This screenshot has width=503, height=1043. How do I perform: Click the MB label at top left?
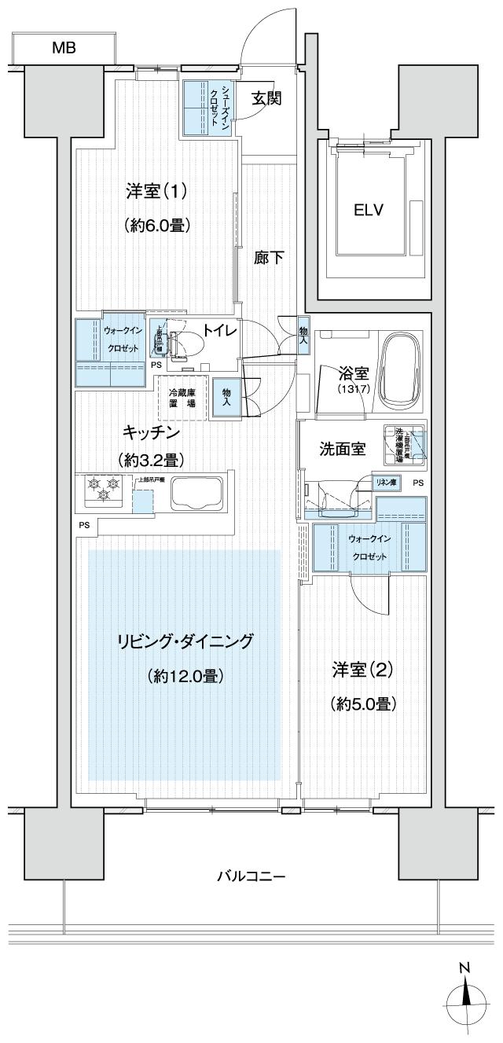pos(64,48)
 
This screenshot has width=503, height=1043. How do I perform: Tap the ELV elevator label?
pos(368,210)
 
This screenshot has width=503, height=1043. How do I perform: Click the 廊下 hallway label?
pos(269,257)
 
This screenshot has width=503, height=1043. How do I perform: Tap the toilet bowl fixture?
pos(182,342)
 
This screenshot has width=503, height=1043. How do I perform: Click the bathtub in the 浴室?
pos(402,370)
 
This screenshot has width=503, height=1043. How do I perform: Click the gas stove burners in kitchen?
pos(103,490)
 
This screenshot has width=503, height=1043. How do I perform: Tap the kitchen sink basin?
pos(193,494)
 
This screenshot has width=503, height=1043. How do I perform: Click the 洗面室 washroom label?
pos(342,450)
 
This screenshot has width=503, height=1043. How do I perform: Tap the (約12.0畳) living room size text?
pos(185,675)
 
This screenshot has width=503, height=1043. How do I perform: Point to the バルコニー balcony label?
pos(251,876)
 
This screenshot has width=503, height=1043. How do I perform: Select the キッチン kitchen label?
pos(152,433)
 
